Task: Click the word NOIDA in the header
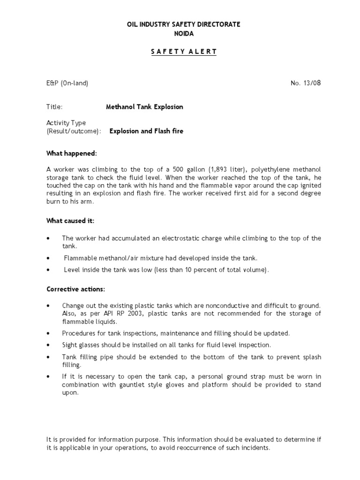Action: (184, 34)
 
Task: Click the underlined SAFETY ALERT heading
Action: (184, 52)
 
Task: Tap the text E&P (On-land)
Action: (67, 83)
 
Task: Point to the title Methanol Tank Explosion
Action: (144, 107)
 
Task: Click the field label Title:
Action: (54, 107)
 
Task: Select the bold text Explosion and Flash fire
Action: (146, 131)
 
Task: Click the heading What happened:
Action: (72, 153)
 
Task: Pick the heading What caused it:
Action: (70, 221)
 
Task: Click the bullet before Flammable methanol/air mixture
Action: (48, 258)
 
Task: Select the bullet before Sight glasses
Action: (48, 345)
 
